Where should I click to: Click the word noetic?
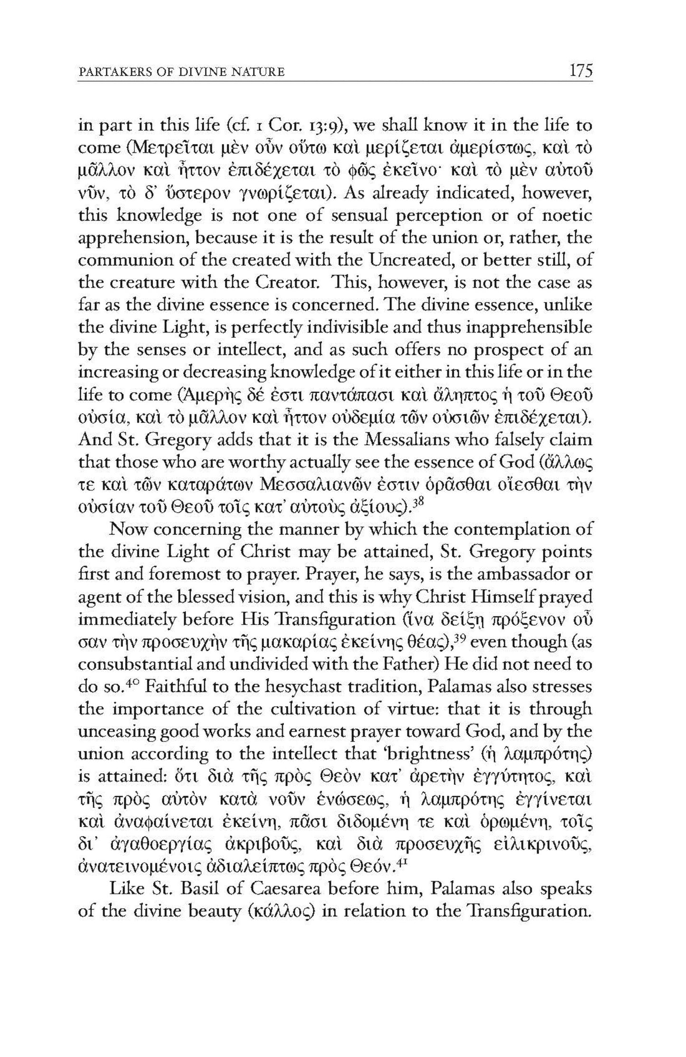(x=567, y=216)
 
